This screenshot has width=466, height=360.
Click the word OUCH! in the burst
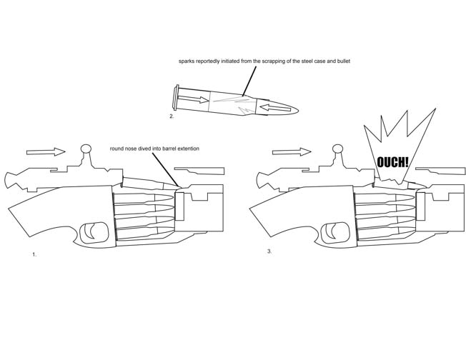(393, 162)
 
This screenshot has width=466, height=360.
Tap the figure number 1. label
(34, 254)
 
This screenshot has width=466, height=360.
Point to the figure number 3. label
(269, 251)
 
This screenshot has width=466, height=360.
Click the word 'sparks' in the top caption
(187, 61)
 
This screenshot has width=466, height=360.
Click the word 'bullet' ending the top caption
(341, 61)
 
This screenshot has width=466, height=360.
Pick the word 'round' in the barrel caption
(118, 149)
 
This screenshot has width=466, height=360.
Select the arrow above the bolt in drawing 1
(44, 151)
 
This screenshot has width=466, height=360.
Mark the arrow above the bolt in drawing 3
(292, 151)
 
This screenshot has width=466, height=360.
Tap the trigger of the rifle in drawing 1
(92, 230)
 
